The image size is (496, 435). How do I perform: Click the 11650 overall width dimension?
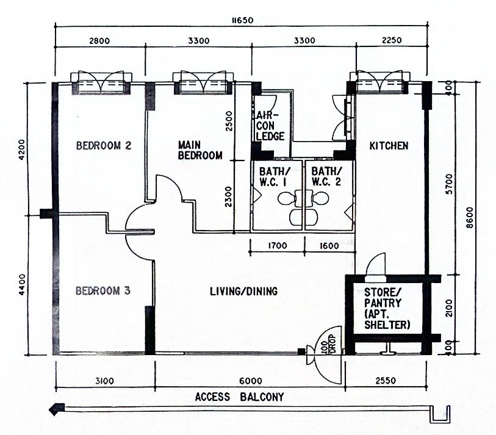click(242, 21)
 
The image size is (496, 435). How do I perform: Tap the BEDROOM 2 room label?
click(104, 146)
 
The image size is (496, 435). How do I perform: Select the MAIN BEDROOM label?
click(200, 150)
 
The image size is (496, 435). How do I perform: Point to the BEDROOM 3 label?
click(103, 291)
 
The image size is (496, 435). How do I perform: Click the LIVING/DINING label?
click(243, 291)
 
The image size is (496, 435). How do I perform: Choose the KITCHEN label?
click(389, 146)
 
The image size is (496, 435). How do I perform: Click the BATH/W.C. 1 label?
click(275, 177)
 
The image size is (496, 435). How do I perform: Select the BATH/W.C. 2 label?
click(326, 177)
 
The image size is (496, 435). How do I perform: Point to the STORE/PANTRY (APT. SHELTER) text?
click(387, 309)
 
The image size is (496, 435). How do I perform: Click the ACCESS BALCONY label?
click(240, 397)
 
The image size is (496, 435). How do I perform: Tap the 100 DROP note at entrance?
click(328, 344)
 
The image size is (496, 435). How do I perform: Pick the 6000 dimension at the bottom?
click(251, 381)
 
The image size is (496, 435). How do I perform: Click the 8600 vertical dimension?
click(470, 218)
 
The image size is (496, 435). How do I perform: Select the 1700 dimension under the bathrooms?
click(278, 246)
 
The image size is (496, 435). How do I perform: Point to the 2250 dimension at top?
click(392, 40)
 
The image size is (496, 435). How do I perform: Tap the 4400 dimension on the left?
click(22, 284)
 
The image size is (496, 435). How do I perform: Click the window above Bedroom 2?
click(101, 83)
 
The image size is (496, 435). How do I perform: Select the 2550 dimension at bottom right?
click(386, 381)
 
